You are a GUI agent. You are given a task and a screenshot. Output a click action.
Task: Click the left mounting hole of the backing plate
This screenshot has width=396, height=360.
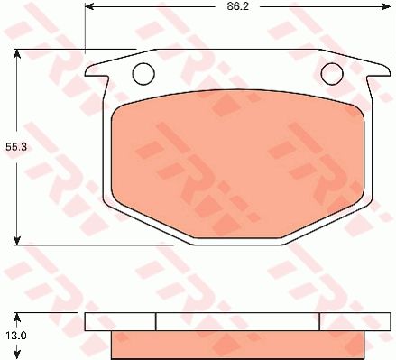[143, 73]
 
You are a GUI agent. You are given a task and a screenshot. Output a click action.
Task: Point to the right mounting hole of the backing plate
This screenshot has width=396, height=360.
[332, 73]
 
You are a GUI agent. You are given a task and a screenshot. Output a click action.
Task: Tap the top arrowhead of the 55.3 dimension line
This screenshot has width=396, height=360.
[17, 54]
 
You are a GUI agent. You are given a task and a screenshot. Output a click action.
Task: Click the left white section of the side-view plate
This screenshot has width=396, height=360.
[120, 321]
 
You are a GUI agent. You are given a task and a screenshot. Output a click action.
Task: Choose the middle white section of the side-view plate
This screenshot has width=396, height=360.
[237, 321]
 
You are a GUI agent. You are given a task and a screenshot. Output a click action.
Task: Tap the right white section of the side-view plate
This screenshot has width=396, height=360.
[355, 321]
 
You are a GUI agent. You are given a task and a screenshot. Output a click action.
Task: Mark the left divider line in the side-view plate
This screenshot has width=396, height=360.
[156, 321]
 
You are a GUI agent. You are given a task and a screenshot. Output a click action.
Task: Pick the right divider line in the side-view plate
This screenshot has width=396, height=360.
[319, 321]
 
